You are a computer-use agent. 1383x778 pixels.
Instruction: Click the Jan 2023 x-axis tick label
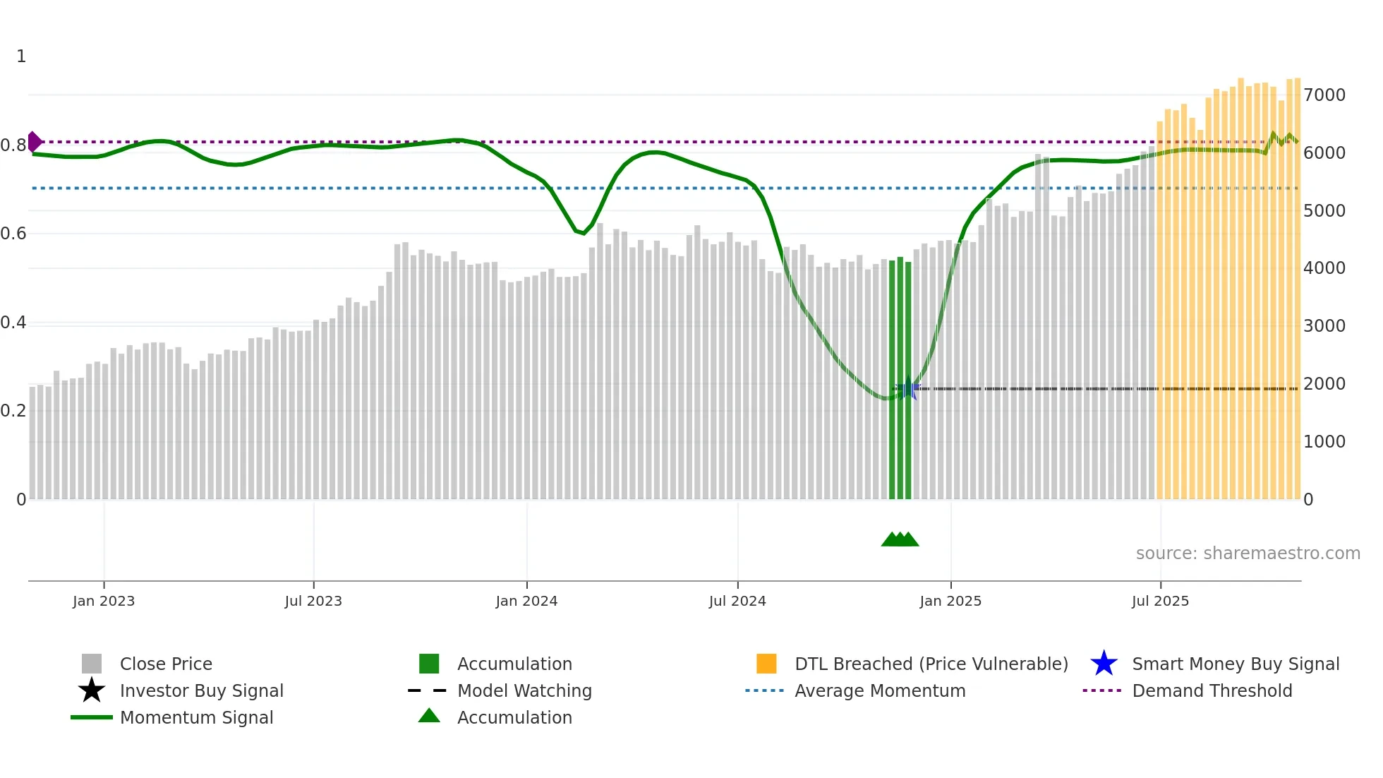point(104,601)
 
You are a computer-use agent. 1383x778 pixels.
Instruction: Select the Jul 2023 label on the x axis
point(313,601)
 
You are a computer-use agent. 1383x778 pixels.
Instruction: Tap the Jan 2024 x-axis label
point(526,601)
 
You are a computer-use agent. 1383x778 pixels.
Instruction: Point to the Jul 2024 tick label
point(737,601)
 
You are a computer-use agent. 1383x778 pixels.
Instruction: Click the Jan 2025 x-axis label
point(950,601)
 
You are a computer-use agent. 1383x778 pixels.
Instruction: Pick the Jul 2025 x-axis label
point(1160,601)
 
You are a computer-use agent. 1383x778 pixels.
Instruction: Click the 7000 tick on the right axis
point(1324,95)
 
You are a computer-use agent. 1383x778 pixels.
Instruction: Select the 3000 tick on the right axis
point(1324,326)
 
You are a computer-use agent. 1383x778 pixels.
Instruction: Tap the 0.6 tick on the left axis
point(13,234)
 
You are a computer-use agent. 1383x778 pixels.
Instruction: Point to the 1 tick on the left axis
point(21,56)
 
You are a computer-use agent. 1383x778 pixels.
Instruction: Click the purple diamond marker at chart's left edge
point(34,142)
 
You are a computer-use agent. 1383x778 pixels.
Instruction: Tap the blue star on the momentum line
point(908,388)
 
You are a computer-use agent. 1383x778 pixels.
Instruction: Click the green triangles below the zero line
point(900,539)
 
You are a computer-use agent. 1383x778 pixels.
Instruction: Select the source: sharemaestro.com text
point(1248,553)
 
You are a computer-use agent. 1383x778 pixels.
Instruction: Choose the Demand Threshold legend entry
point(1212,691)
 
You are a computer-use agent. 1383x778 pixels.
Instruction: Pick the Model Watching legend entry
point(524,691)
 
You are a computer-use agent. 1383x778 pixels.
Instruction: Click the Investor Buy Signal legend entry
point(201,691)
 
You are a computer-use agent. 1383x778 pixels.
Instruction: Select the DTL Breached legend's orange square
point(766,664)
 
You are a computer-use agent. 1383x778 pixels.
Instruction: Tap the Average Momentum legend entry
point(879,691)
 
